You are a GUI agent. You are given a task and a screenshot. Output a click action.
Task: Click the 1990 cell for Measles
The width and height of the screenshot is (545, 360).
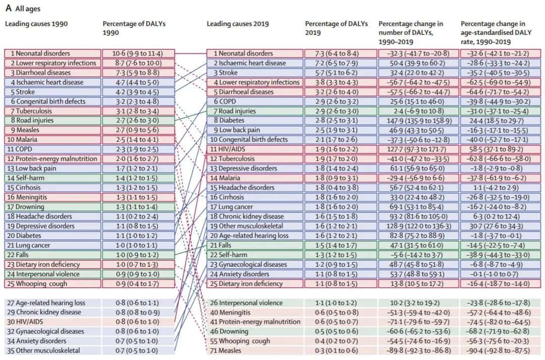[x=52, y=130]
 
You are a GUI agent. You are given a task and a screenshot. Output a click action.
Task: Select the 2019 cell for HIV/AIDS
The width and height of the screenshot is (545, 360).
[x=255, y=149]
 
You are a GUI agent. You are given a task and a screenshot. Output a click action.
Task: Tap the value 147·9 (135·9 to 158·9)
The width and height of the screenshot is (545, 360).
[x=418, y=121]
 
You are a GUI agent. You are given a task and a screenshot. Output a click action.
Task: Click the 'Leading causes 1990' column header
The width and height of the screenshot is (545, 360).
[x=36, y=24]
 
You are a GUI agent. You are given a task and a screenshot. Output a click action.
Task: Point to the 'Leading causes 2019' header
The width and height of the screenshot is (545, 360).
[x=238, y=24]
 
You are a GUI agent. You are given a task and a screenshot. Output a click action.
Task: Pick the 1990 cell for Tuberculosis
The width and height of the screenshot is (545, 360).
[x=52, y=111]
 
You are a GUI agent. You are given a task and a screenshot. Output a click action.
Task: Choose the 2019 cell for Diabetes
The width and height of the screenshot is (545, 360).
[x=255, y=121]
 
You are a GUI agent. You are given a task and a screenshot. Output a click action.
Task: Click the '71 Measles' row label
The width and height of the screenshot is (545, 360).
[x=226, y=350]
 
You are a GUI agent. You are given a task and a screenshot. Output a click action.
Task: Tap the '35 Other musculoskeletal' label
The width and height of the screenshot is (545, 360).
[x=43, y=350]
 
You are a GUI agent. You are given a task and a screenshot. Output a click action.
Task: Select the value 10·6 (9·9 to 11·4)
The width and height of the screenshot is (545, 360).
[x=138, y=53]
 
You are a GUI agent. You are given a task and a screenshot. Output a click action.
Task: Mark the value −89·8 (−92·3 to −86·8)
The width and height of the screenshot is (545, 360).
[x=418, y=350]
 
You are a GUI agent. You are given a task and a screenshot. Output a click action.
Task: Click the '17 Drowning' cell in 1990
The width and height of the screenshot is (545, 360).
[x=52, y=207]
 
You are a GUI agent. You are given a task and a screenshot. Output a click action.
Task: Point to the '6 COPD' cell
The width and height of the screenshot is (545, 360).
[x=255, y=101]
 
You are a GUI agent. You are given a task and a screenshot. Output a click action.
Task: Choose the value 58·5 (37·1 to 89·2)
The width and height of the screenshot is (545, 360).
[x=500, y=149]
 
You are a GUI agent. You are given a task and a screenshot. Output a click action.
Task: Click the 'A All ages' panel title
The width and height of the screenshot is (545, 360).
[x=23, y=9]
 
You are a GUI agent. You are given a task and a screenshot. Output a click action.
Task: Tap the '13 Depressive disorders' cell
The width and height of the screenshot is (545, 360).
[x=255, y=168]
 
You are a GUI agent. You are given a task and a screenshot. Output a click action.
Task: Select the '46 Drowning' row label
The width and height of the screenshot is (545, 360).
[x=229, y=332]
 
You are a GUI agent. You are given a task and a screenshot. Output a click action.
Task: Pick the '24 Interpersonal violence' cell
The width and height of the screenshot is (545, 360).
[x=52, y=274]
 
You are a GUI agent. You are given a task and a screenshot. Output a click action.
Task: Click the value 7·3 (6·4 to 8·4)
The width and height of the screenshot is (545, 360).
[x=340, y=53]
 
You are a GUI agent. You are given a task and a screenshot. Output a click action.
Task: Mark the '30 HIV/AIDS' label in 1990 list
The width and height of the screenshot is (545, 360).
[x=25, y=322]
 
